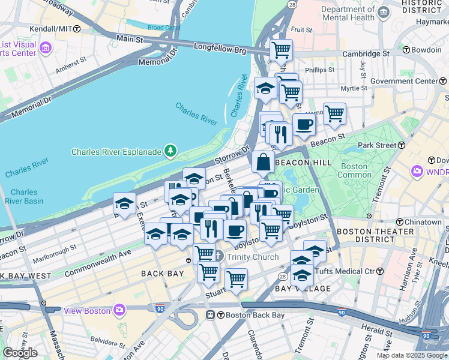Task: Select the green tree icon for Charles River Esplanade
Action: (x=171, y=150)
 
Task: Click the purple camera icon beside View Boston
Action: (x=120, y=310)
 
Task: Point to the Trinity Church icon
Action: (x=219, y=257)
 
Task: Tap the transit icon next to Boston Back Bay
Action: (x=211, y=315)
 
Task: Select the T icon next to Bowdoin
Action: (x=406, y=50)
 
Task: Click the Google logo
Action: (x=20, y=353)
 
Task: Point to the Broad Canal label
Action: (x=163, y=28)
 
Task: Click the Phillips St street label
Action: (x=319, y=70)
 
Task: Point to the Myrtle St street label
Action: (x=354, y=88)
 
